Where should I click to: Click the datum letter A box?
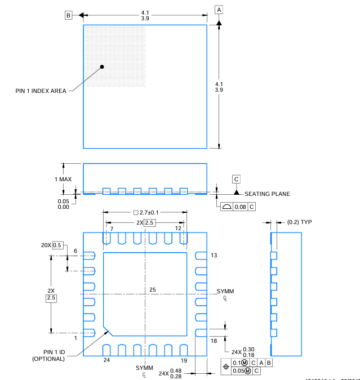tap(219, 10)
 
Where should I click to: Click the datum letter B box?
tap(69, 16)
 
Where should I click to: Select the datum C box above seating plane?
tap(237, 179)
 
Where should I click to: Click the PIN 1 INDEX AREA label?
tap(41, 91)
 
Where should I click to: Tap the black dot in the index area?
tap(102, 66)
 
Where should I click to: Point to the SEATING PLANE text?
tap(267, 194)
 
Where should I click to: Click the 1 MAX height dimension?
tap(63, 179)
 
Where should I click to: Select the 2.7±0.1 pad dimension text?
tap(145, 213)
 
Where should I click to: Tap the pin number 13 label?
tap(214, 255)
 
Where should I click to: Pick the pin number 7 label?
tap(112, 229)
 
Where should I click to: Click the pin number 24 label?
tap(106, 359)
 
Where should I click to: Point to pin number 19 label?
tap(184, 359)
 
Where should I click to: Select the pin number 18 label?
tap(214, 341)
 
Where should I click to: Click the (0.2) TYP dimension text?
tap(299, 222)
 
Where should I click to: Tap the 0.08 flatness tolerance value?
tap(241, 207)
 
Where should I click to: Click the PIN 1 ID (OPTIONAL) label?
tap(48, 355)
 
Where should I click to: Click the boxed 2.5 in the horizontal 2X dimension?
tap(149, 223)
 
